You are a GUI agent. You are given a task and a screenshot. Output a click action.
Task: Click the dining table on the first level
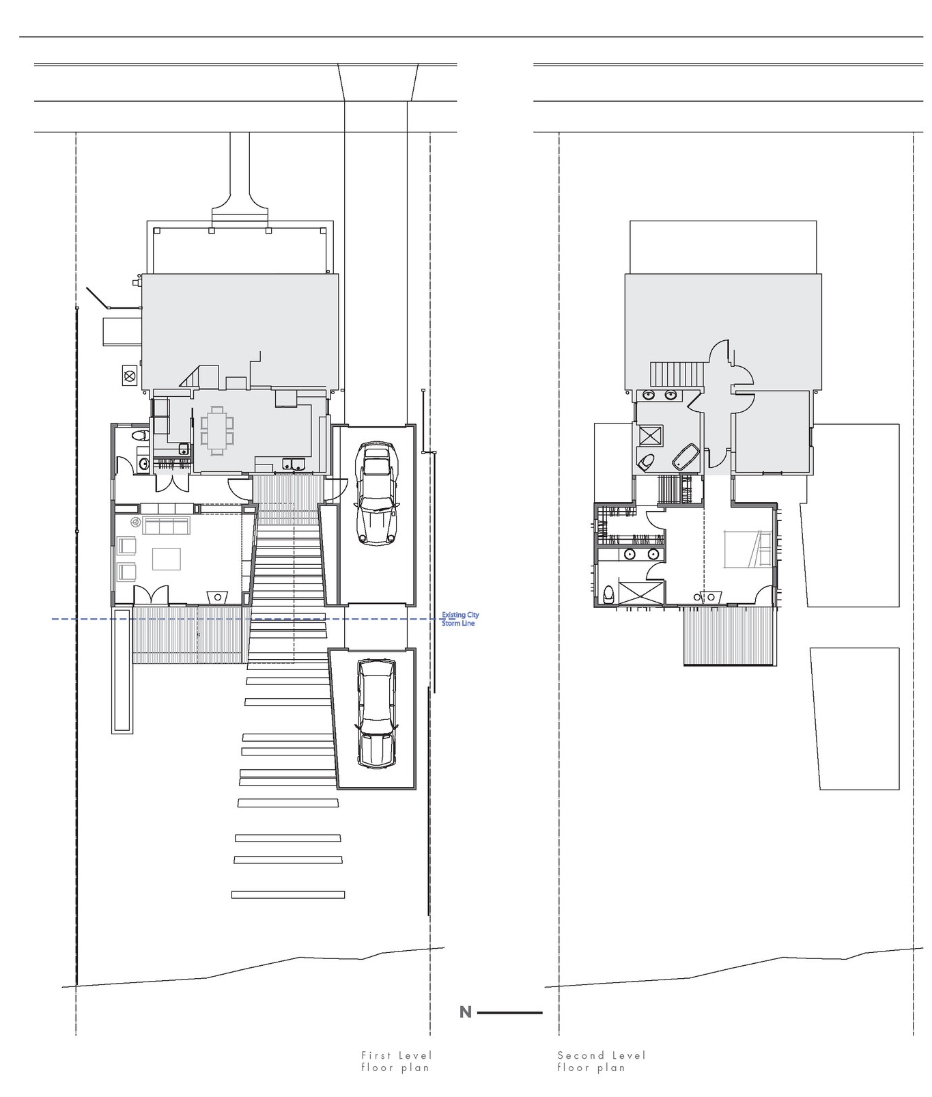click(x=218, y=430)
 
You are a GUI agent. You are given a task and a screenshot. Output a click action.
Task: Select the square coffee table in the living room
click(x=167, y=559)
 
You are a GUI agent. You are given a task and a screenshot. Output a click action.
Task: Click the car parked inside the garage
click(x=376, y=493)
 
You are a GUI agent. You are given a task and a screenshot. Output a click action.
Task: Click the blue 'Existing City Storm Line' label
click(x=460, y=619)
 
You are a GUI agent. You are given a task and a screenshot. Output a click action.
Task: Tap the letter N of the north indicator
click(x=466, y=1012)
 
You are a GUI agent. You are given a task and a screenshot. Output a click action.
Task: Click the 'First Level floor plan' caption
click(x=396, y=1061)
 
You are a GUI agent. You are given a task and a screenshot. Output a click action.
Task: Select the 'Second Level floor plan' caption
click(x=601, y=1061)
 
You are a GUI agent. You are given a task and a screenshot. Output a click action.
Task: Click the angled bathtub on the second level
click(x=686, y=456)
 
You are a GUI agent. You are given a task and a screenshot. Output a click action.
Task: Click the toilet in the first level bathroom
click(x=139, y=435)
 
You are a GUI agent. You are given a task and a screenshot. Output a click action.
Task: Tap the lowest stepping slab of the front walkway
click(x=288, y=894)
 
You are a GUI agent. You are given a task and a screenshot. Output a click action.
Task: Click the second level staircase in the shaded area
click(x=677, y=374)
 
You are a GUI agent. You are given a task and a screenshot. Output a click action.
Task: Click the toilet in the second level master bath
click(x=645, y=462)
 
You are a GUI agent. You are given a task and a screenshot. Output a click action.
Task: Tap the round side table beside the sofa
click(x=135, y=523)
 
